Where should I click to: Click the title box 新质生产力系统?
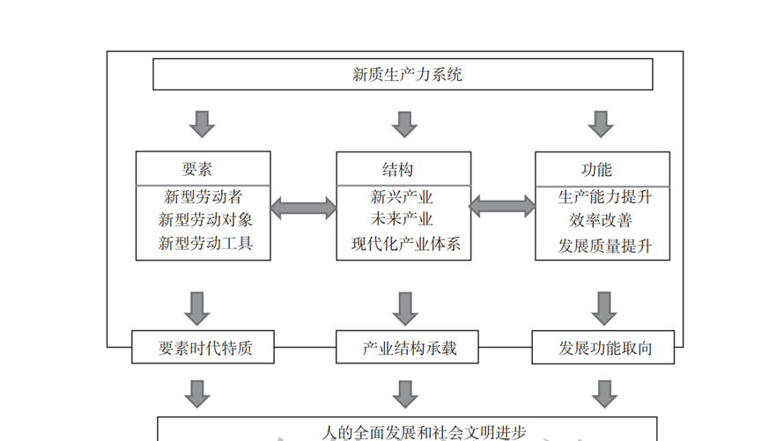pos(403,75)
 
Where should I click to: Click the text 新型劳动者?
pos(203,196)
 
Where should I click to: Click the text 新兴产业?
pos(402,196)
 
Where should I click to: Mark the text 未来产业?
pos(402,219)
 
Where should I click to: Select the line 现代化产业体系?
pos(406,244)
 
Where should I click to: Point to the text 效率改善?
pos(601,220)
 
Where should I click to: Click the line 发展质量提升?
pos(605,245)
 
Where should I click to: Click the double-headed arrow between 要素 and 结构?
pos(303,209)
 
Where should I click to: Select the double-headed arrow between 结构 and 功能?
pos(502,207)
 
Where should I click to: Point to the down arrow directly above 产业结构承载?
pos(404,308)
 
